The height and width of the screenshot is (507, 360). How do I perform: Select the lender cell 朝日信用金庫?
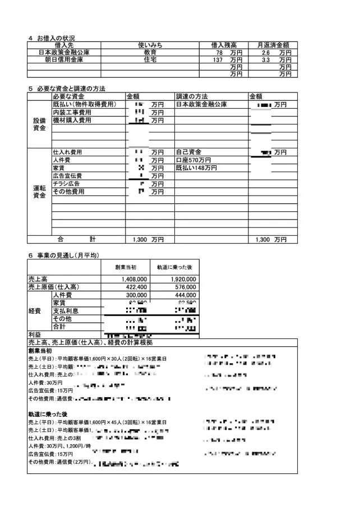point(64,59)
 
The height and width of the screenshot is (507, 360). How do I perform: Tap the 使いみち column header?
point(150,45)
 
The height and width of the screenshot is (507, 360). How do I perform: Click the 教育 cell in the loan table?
point(150,52)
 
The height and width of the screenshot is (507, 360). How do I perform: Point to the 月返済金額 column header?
point(273,45)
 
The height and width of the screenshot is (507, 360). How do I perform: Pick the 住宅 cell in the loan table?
point(150,59)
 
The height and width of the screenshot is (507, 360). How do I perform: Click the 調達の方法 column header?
point(191,96)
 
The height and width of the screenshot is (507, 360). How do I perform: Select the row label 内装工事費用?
point(72,113)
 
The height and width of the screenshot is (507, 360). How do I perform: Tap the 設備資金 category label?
point(39,124)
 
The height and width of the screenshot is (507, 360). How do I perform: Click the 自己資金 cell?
point(188,152)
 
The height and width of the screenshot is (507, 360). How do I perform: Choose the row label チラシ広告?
point(66,184)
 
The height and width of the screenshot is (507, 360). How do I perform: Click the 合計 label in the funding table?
point(76,239)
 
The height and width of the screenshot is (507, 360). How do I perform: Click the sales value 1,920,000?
point(183,278)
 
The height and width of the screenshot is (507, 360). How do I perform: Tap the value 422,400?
point(135,286)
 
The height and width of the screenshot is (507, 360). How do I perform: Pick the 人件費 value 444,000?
point(184,295)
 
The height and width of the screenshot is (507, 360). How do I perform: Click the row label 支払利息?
point(66,310)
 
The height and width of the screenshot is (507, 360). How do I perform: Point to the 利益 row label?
point(35,334)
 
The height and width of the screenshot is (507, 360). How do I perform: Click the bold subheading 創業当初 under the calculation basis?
point(40,350)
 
